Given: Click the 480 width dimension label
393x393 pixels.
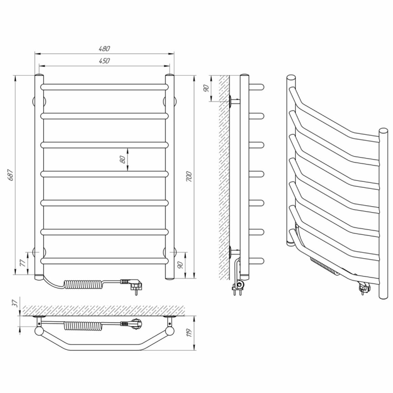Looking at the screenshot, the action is pos(104,48).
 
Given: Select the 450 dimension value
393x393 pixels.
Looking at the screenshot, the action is pos(104,61).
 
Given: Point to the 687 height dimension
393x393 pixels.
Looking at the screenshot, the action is pos(10,175).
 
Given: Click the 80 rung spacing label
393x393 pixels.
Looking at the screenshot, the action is pos(123,159).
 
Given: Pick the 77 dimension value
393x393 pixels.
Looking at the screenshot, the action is pos(22,263).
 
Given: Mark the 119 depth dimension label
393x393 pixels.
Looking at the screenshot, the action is pos(189,332).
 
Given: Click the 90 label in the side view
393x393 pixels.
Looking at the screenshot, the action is pos(206,88).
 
